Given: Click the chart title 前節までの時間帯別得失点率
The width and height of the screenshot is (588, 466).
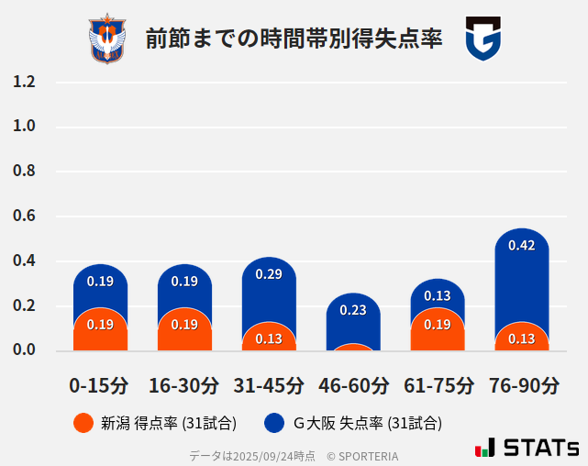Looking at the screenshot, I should tap(294, 39).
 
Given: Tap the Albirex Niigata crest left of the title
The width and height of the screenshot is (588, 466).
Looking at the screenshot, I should tap(107, 39).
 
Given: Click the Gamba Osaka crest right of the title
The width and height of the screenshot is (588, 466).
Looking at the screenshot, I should tap(483, 39).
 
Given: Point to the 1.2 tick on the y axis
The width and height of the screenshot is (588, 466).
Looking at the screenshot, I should tap(24, 82).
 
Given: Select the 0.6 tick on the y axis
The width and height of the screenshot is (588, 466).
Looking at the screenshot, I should tap(24, 216).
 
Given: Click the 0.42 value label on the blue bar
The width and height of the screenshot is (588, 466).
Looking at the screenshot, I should tap(521, 245).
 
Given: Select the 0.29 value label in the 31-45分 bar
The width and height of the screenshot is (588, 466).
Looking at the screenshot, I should tap(269, 274).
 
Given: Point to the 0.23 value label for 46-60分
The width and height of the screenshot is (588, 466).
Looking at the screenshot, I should tap(353, 310).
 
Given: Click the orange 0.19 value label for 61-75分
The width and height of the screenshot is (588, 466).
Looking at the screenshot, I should tap(438, 325).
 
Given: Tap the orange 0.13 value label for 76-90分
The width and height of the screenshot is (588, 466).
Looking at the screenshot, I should tap(521, 338).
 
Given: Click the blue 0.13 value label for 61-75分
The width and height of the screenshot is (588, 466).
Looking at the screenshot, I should tap(438, 295).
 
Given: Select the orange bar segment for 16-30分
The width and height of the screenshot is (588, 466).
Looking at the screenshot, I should tap(184, 330).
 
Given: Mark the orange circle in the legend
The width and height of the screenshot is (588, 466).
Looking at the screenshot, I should tap(83, 423).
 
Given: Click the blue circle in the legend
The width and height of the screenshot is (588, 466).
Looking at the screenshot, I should tap(274, 423).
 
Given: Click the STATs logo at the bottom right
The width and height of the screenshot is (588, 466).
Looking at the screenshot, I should tap(527, 448).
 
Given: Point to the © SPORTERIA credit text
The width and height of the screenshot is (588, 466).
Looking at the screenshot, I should tap(362, 455).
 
